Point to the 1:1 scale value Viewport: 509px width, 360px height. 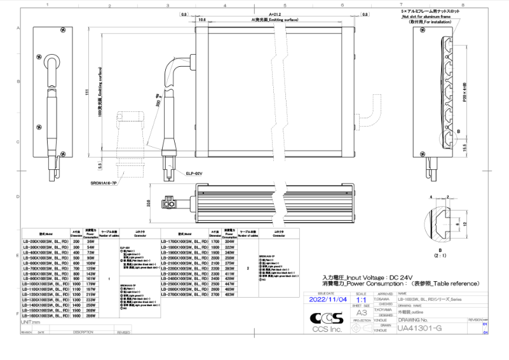tap(362, 298)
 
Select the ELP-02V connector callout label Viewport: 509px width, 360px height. tap(194, 172)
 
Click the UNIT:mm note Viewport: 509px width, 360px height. tap(31, 323)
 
